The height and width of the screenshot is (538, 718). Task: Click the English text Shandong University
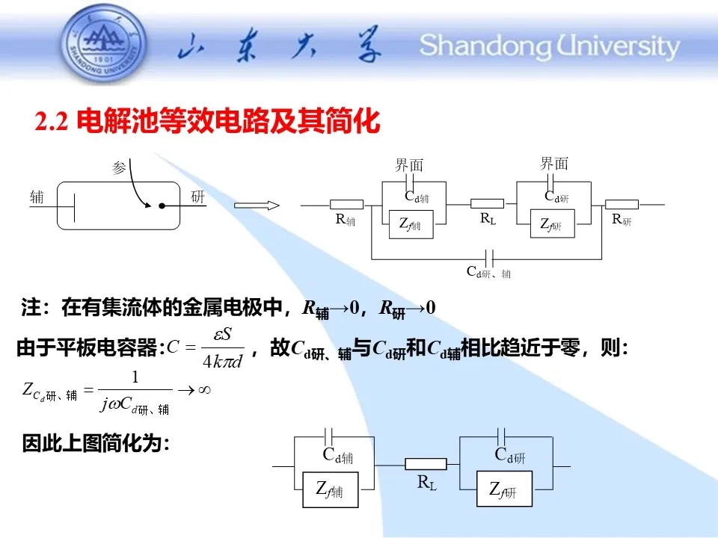[x=550, y=46]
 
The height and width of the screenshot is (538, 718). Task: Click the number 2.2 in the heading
[x=52, y=122]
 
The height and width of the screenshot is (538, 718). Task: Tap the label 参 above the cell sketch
[x=119, y=168]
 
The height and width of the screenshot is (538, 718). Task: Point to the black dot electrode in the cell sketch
[x=161, y=205]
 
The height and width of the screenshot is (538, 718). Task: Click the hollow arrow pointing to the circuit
[x=257, y=205]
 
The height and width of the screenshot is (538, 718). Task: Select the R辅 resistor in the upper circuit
[x=346, y=205]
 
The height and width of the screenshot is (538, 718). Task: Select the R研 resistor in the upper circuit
[x=622, y=205]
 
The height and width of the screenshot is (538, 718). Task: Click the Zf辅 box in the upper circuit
[x=408, y=224]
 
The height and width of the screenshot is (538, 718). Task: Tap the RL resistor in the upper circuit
[x=487, y=204]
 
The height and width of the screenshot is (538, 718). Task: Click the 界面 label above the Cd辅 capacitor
[x=409, y=165]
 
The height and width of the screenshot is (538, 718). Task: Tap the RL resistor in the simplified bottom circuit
[x=426, y=464]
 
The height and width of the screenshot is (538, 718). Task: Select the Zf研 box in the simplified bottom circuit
[x=504, y=489]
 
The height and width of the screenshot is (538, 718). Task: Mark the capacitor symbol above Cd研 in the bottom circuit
[x=503, y=434]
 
